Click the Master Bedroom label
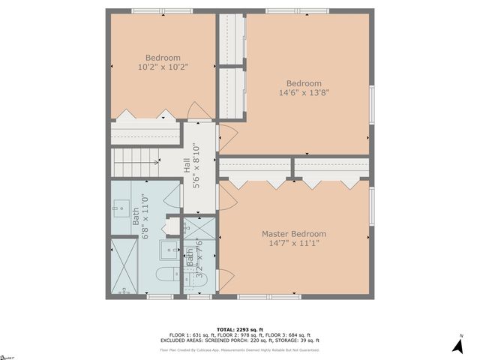coord(293,234)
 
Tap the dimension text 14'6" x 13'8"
coord(304,93)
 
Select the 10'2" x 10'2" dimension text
coord(163,67)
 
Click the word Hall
coord(187,165)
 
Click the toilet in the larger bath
coord(167,277)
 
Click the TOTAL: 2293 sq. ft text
coord(239,329)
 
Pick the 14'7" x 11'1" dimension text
coord(293,244)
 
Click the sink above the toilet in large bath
coord(171,250)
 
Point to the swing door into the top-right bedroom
coord(227,136)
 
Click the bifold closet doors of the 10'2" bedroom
coord(145,115)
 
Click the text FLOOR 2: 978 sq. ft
coord(239,335)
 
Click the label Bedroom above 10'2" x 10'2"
coord(163,58)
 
